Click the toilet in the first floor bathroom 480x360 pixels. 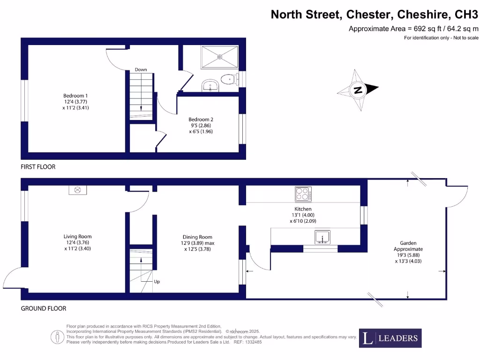click(228, 79)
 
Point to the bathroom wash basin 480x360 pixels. click(210, 86)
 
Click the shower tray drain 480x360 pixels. click(220, 57)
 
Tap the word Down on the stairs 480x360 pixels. click(141, 69)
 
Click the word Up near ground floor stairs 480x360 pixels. click(157, 282)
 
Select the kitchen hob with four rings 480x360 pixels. click(303, 194)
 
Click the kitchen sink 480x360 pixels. click(323, 238)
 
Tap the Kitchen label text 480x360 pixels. click(303, 209)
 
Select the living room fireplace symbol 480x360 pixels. click(78, 190)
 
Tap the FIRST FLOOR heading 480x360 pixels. click(38, 167)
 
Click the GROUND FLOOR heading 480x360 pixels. click(43, 308)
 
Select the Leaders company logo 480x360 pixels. click(390, 338)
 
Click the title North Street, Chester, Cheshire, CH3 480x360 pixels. click(375, 15)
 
